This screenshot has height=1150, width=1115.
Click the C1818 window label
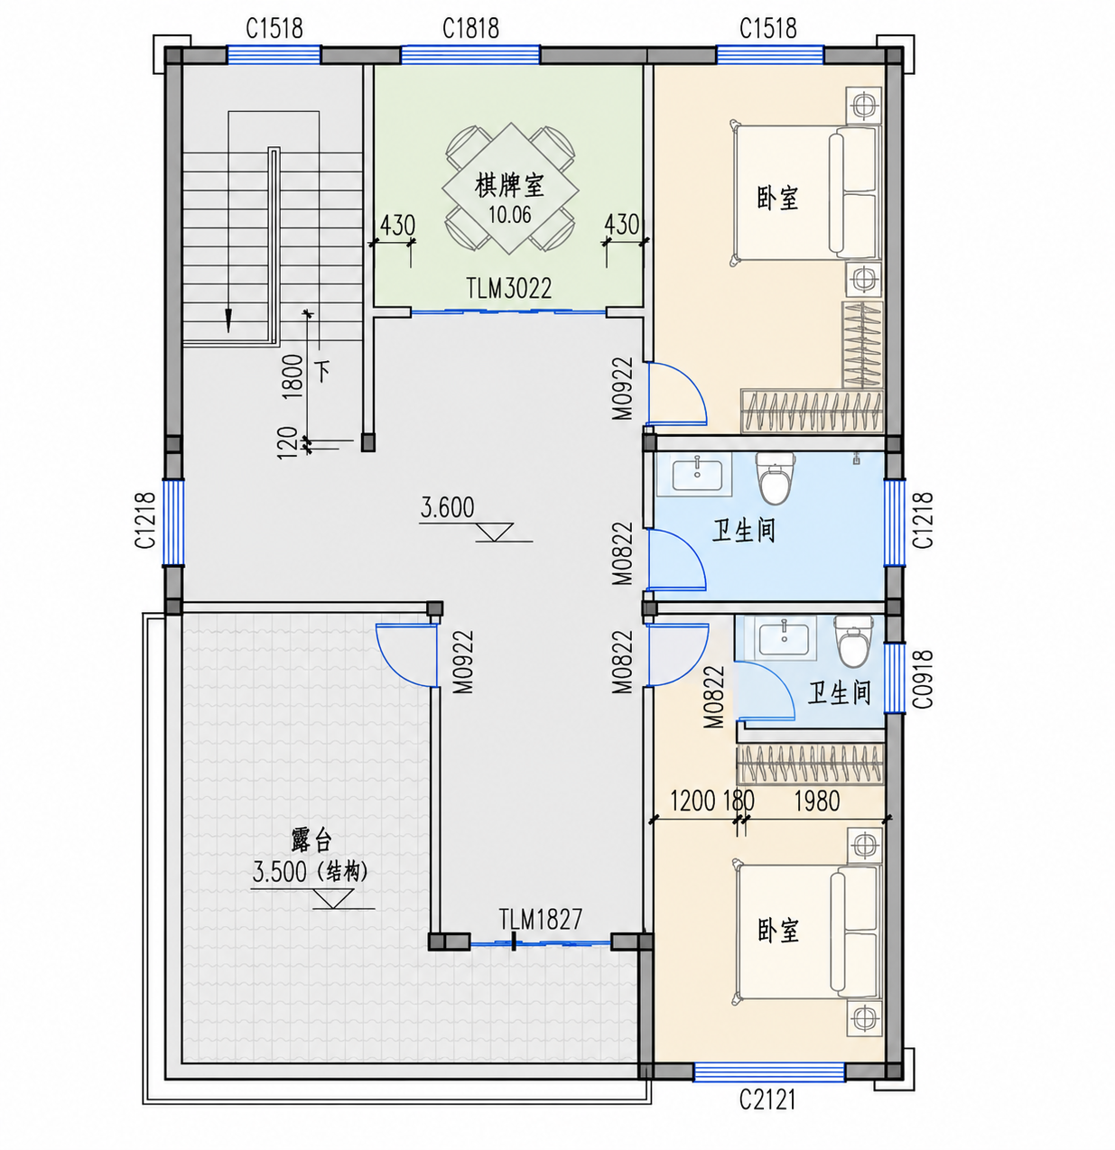pos(470,28)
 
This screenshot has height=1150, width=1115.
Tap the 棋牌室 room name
pos(509,186)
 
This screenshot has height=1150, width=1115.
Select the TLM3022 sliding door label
pos(509,289)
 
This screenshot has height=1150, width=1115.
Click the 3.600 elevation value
pos(447,507)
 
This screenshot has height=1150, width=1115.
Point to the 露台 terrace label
pos(311,840)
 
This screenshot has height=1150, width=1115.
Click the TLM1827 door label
pos(541,919)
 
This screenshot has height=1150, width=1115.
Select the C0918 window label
pos(923,679)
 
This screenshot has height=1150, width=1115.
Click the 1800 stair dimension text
pos(293,376)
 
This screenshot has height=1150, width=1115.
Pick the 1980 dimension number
pos(816,802)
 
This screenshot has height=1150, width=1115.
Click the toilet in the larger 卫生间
pos(775,478)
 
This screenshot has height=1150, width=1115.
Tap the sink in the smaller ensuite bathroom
pos(784,638)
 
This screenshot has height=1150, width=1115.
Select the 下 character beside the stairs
pos(322,372)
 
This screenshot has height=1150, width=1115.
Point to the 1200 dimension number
pos(693,802)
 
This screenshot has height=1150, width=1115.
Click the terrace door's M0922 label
pos(463,662)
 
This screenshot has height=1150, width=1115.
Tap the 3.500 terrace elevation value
pos(280,872)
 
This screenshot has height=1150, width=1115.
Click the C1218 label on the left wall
pos(145,521)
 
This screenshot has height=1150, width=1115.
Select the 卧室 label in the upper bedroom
pos(777,198)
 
